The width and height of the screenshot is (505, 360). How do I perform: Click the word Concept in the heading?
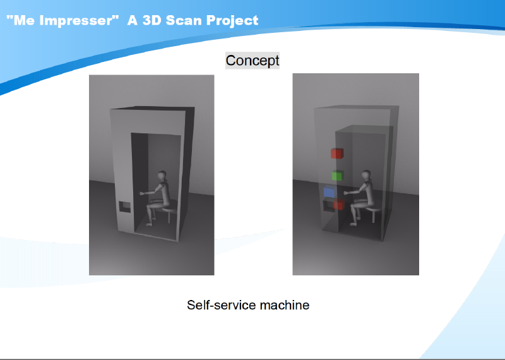[x=252, y=61]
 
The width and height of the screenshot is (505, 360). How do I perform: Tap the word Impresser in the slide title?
[x=76, y=20]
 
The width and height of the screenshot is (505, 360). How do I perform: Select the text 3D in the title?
[x=151, y=20]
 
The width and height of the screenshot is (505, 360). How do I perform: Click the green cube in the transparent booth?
[x=337, y=176]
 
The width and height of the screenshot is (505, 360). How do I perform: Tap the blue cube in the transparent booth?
[x=329, y=191]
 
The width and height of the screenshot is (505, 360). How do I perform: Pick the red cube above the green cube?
[x=337, y=153]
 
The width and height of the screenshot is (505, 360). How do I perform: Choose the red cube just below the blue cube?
[x=338, y=205]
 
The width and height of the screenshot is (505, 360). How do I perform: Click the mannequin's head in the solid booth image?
[x=162, y=176]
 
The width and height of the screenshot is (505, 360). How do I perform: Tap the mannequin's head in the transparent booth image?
[x=366, y=176]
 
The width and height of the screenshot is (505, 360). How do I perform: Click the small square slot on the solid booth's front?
[x=125, y=207]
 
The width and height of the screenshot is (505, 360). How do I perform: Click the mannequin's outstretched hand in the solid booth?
[x=141, y=193]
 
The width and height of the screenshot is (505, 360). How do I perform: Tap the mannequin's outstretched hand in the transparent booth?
[x=346, y=193]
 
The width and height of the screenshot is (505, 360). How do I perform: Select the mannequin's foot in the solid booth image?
[x=148, y=224]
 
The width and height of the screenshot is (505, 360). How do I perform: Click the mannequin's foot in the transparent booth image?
[x=353, y=224]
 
